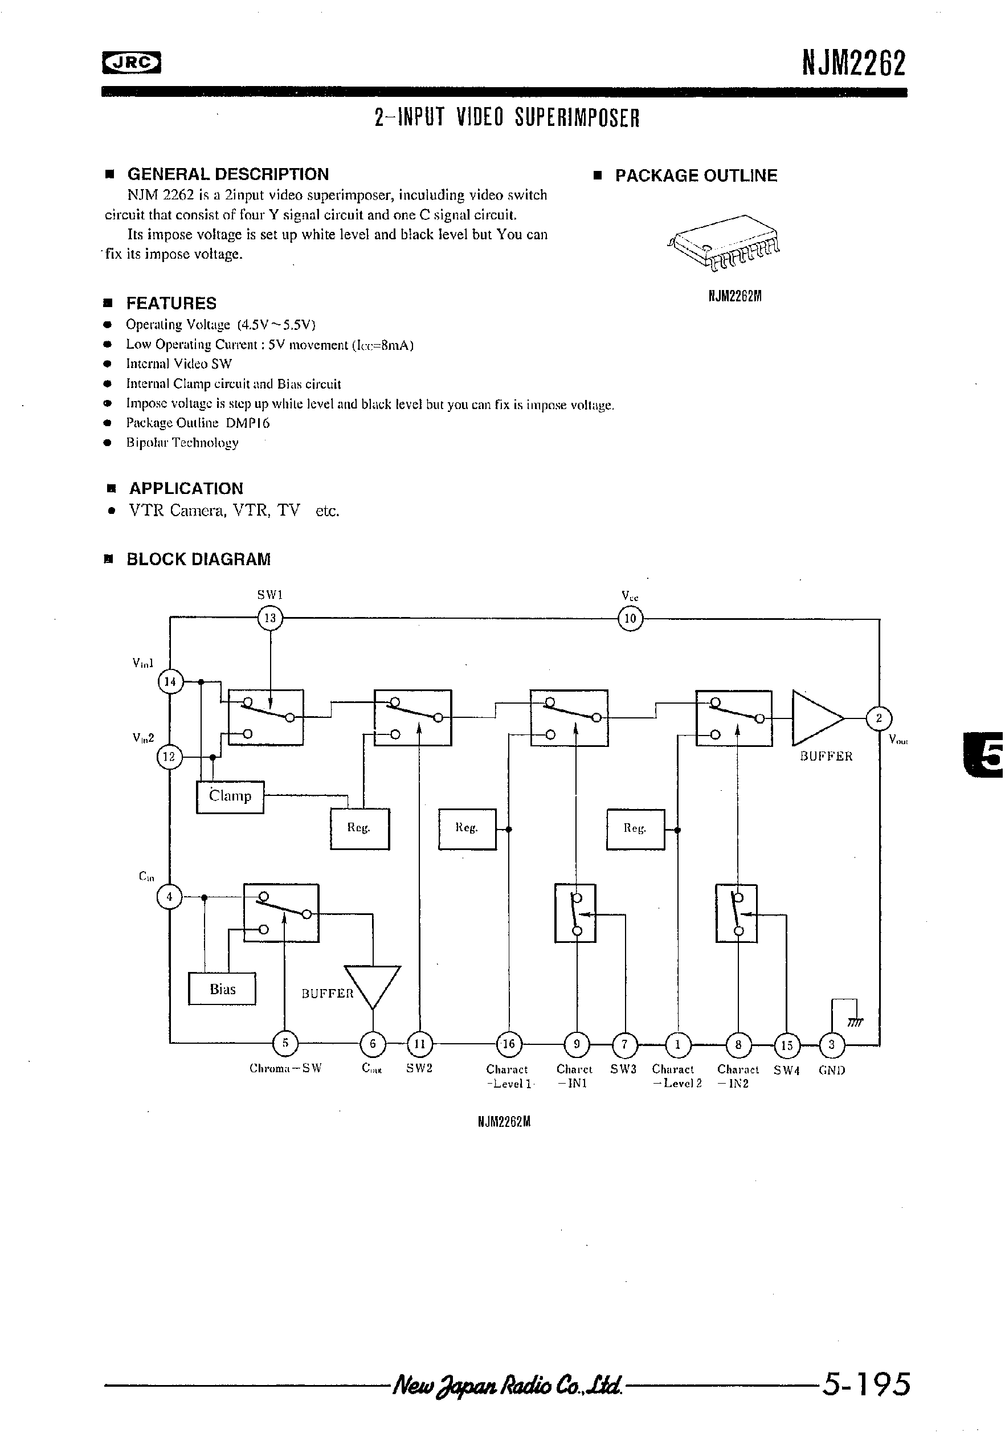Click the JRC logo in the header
(x=131, y=62)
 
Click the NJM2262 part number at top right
(x=853, y=63)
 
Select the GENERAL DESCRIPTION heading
(x=227, y=174)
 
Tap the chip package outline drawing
(x=724, y=243)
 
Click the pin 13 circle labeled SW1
(x=270, y=618)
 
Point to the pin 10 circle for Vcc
(x=630, y=619)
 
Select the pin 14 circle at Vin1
(x=170, y=681)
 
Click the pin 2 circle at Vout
(x=879, y=718)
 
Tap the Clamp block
(x=230, y=796)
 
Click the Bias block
(x=222, y=988)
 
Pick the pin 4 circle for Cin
(x=169, y=896)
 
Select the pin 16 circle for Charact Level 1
(x=508, y=1044)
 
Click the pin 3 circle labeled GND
(x=832, y=1045)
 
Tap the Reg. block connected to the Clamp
(x=359, y=828)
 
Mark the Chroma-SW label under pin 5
(x=285, y=1068)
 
